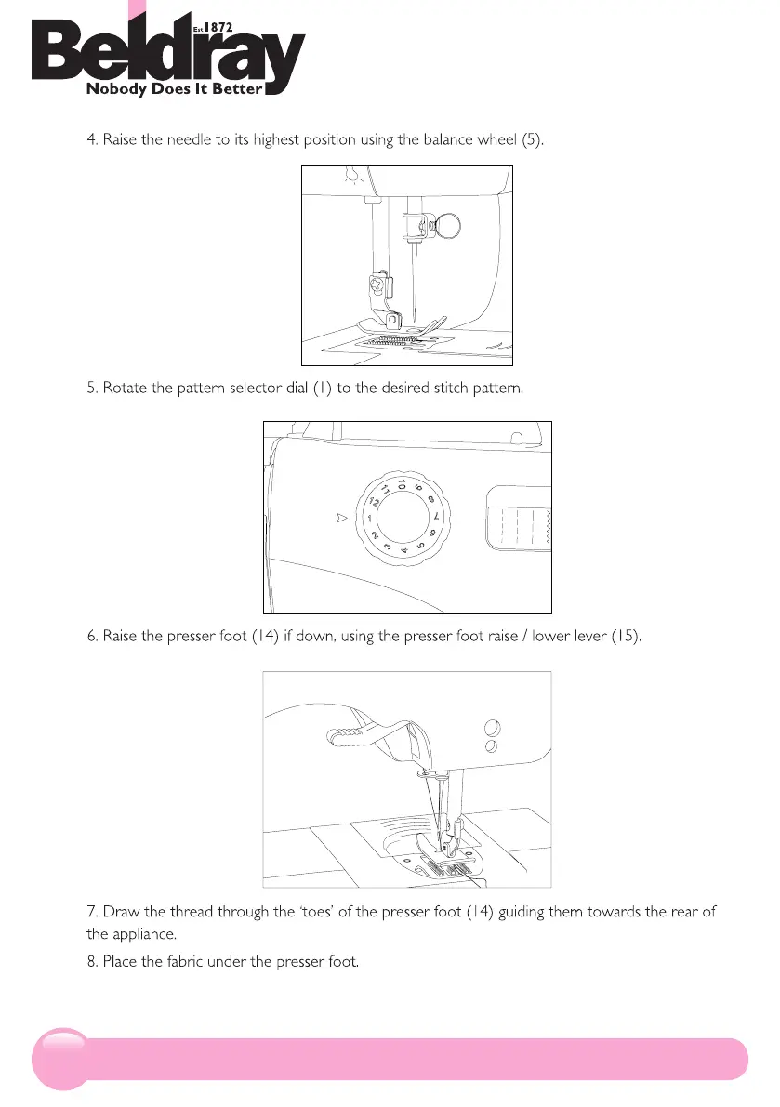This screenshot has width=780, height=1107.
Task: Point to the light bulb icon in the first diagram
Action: pyautogui.click(x=350, y=174)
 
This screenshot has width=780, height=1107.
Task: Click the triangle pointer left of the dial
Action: pyautogui.click(x=341, y=518)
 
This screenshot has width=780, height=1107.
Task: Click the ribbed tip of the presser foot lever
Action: pyautogui.click(x=344, y=738)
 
